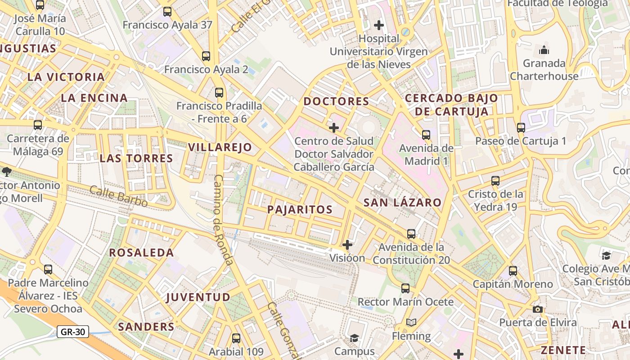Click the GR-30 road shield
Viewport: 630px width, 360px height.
(72, 332)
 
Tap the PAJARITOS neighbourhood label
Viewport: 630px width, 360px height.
(300, 209)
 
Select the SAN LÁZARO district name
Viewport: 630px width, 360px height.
(402, 202)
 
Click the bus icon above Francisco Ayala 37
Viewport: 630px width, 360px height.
(167, 12)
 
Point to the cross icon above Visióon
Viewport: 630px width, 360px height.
(347, 245)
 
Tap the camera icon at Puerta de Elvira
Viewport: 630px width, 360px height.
(537, 309)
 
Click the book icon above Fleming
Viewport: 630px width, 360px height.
(411, 322)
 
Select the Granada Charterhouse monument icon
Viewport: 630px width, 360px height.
(544, 50)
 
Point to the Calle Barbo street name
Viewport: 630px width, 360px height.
(118, 196)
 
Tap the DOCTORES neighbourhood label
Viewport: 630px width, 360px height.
(336, 101)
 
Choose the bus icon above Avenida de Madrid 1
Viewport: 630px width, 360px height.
(426, 135)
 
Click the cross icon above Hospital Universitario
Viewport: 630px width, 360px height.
(379, 25)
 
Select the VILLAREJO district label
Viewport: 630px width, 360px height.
(220, 147)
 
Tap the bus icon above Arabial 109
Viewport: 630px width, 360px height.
(236, 338)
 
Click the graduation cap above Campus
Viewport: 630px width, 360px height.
(354, 337)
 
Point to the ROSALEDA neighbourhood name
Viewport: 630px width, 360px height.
(141, 252)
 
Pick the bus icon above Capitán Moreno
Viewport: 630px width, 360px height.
(513, 271)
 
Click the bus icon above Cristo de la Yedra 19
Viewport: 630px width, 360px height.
(495, 181)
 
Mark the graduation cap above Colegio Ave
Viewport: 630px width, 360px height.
(606, 256)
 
